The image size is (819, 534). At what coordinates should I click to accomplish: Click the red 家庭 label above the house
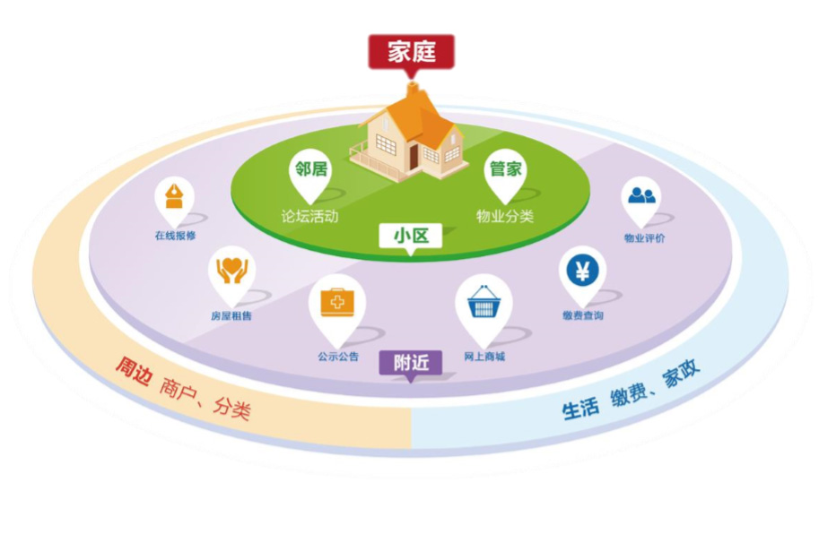tap(411, 52)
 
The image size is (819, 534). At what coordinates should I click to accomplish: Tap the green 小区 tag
tap(411, 237)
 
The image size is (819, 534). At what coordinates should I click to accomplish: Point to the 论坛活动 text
tap(309, 216)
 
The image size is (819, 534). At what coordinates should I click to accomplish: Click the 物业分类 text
tap(505, 216)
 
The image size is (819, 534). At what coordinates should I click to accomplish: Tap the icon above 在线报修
tap(174, 195)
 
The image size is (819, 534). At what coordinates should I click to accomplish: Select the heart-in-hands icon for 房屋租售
tap(231, 270)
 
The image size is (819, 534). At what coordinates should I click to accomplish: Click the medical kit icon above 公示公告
tap(337, 300)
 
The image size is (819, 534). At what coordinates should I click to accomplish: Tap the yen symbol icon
tap(582, 270)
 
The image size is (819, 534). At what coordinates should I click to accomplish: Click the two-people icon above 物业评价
tap(641, 194)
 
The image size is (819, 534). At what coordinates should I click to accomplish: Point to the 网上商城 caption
tap(484, 357)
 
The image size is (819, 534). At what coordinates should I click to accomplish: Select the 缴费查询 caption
tap(583, 315)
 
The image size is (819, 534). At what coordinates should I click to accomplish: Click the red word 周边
tap(133, 372)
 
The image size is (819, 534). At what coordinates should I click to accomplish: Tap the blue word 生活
tap(581, 409)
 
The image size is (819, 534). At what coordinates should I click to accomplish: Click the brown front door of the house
tap(413, 158)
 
